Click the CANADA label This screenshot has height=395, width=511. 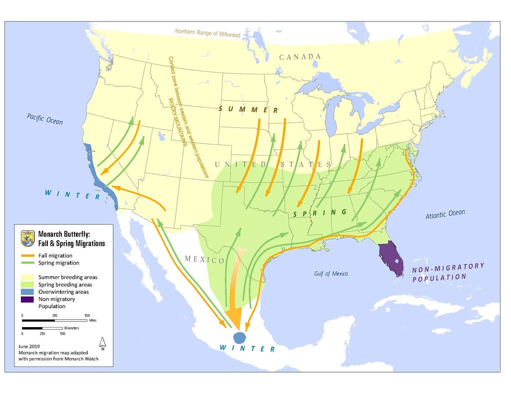coord(300,57)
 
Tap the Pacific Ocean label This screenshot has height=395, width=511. coord(45,119)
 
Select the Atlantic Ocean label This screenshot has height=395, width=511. coord(445,214)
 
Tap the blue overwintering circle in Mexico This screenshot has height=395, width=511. coord(240,337)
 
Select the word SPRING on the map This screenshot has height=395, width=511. coord(320,213)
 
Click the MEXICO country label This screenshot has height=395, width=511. coord(204,259)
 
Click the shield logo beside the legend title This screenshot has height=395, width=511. coord(27,238)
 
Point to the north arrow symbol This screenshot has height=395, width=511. coord(102,343)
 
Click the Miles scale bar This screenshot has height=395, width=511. coord(54,320)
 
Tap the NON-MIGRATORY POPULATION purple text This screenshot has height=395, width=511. coord(448,272)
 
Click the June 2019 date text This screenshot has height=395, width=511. coord(27,346)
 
